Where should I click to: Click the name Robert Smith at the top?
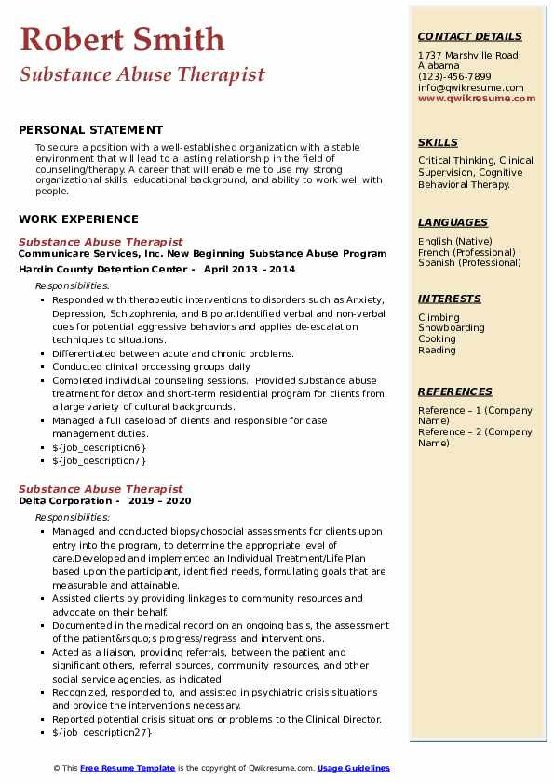(x=122, y=39)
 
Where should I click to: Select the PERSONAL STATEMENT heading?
(x=90, y=130)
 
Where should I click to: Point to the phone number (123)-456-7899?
(x=454, y=77)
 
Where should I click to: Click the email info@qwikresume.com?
(x=470, y=87)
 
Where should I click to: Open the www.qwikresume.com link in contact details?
(x=470, y=98)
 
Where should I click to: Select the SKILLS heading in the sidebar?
(x=438, y=142)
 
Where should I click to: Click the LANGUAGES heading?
(x=453, y=222)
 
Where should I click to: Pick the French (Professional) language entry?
(x=469, y=252)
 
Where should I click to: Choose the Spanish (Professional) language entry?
(x=470, y=262)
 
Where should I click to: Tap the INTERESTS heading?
(x=450, y=299)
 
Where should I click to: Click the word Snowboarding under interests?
(x=452, y=328)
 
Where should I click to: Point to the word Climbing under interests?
(x=439, y=317)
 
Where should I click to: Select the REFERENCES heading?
(x=455, y=391)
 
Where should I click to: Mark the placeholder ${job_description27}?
(x=102, y=733)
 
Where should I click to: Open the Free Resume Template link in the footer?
(x=128, y=768)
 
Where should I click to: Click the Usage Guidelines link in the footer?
(x=353, y=768)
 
